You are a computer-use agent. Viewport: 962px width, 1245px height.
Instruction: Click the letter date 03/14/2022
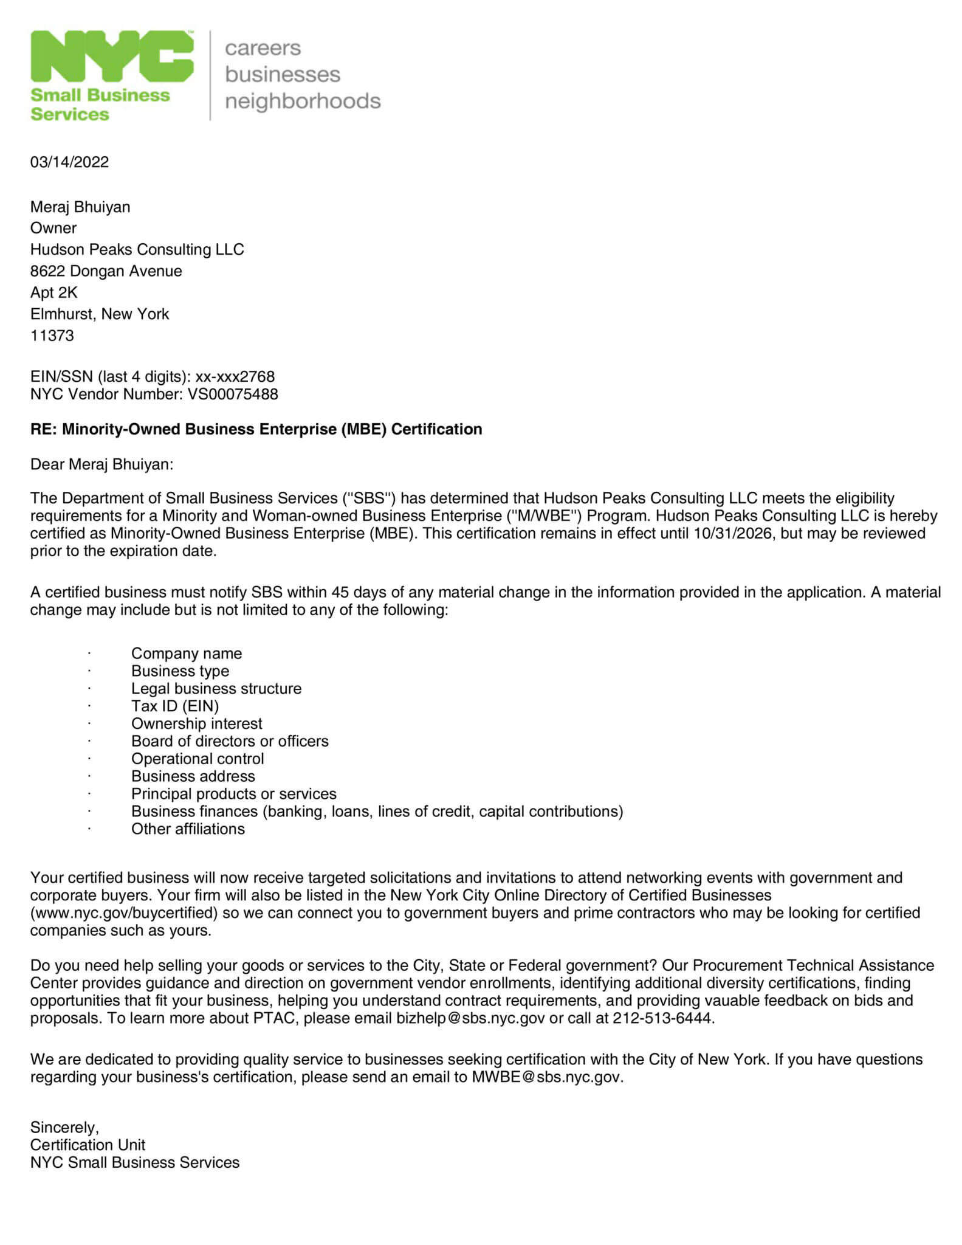[70, 162]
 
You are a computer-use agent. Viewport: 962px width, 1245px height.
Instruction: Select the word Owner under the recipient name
[53, 228]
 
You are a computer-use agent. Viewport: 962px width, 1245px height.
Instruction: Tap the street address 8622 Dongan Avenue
[106, 271]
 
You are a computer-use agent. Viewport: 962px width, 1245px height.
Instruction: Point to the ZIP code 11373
[52, 335]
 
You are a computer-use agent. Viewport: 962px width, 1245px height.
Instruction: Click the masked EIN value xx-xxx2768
[235, 377]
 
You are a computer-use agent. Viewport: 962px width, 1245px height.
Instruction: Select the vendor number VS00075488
[233, 394]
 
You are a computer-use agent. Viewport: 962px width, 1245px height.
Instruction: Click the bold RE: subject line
[256, 429]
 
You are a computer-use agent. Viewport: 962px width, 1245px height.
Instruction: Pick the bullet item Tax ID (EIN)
[175, 706]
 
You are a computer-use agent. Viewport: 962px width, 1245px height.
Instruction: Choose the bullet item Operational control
[198, 759]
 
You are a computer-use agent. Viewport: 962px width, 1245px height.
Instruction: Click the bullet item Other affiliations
[188, 829]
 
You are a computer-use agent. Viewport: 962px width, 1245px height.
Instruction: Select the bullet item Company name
[187, 654]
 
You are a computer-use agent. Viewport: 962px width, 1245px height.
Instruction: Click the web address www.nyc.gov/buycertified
[125, 912]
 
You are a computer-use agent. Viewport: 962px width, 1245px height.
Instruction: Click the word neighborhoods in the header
[303, 101]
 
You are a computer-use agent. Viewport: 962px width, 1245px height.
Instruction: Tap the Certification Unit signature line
[88, 1145]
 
